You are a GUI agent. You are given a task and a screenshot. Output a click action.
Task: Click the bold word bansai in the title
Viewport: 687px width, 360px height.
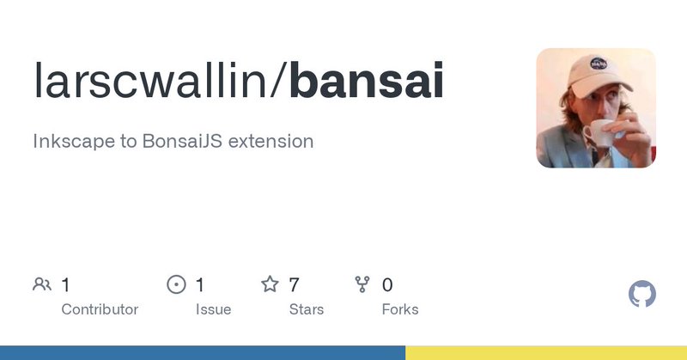coord(367,80)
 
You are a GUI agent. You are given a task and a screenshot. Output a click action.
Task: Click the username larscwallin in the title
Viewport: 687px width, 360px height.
coord(150,80)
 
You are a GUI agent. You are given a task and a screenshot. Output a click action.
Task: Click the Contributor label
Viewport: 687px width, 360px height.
coord(100,309)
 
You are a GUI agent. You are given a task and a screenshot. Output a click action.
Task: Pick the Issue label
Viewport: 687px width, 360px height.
coord(213,309)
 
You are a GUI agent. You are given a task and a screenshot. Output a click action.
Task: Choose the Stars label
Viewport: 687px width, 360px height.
coord(307,309)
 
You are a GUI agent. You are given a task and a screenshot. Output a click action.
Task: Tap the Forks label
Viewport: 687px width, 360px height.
coord(400,309)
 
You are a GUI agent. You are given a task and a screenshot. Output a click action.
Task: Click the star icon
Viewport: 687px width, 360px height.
coord(270,284)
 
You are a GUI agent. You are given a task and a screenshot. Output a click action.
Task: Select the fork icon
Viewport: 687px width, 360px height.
coord(362,284)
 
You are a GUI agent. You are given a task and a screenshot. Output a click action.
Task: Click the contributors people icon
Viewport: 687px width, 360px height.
coord(42,284)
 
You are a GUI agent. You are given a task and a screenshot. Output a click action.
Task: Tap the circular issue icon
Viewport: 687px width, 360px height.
coord(177,284)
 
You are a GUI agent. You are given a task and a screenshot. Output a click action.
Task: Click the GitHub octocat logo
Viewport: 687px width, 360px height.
coord(641,294)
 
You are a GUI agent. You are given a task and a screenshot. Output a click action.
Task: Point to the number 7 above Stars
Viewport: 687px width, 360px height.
coord(294,285)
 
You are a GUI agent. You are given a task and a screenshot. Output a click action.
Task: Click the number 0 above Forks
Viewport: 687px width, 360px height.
coord(387,285)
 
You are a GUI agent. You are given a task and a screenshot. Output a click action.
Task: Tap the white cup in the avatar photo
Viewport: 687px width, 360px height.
coord(599,132)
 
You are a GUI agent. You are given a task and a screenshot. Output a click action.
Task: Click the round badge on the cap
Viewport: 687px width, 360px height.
coord(599,64)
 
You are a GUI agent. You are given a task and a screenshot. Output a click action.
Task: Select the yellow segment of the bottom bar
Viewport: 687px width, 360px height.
coord(546,352)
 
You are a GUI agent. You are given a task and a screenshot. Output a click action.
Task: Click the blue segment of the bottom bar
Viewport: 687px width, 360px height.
coord(203,352)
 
